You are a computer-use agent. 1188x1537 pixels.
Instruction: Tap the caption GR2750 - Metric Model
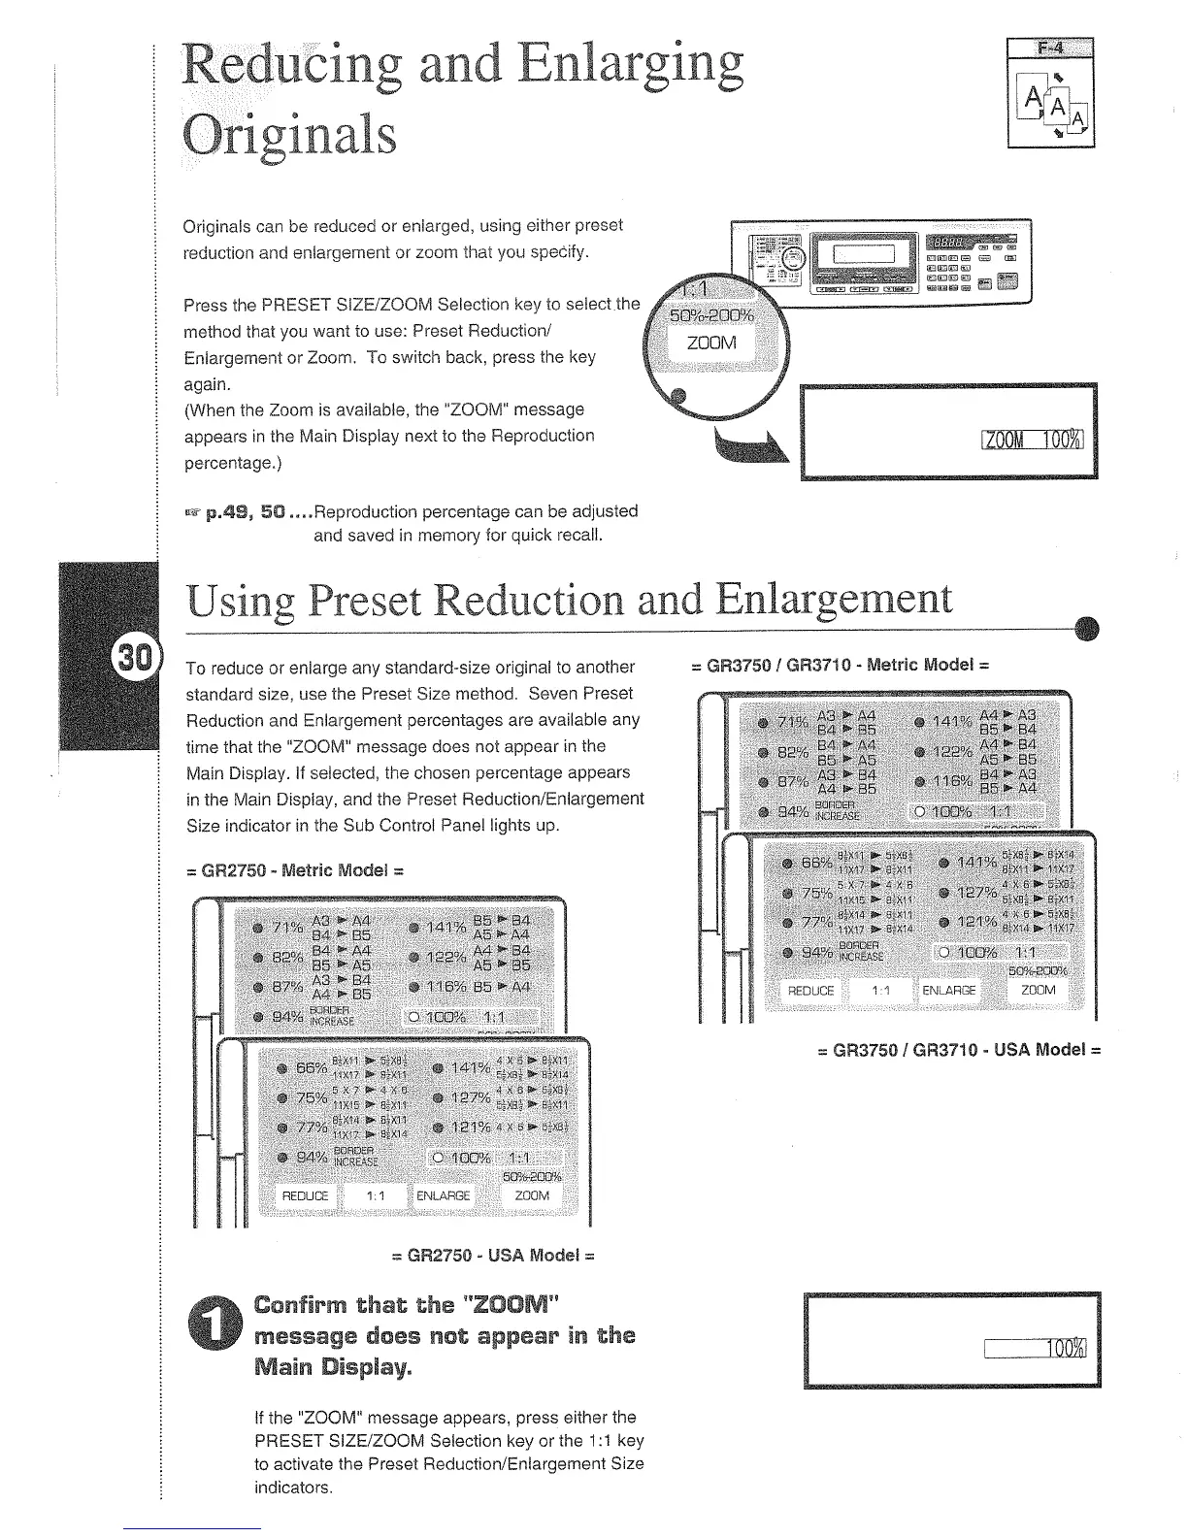click(293, 869)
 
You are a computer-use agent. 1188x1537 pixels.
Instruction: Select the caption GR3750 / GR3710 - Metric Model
click(839, 666)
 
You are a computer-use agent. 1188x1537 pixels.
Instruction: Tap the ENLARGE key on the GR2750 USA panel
click(443, 1195)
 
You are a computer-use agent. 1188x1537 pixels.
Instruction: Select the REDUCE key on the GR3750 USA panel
click(811, 990)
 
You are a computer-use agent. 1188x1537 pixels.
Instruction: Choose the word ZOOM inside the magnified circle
click(712, 343)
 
